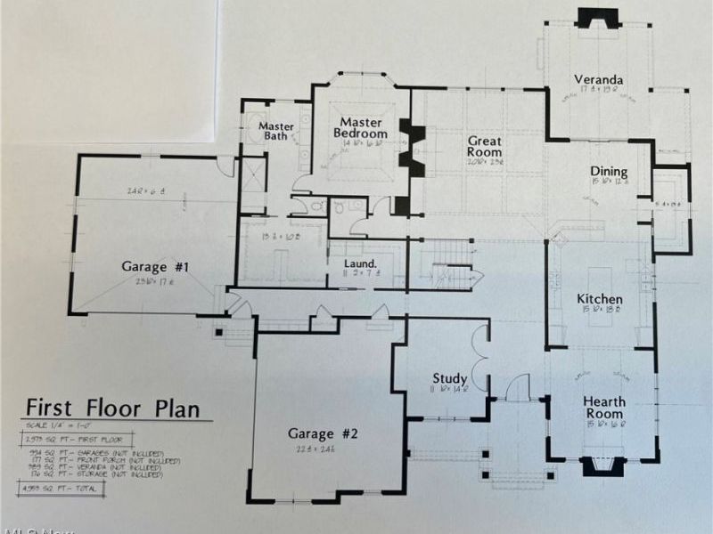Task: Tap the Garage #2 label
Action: pyautogui.click(x=322, y=433)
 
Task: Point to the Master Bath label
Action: pyautogui.click(x=276, y=133)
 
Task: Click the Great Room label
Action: pyautogui.click(x=485, y=146)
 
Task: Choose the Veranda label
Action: pyautogui.click(x=598, y=79)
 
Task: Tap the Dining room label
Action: pyautogui.click(x=610, y=172)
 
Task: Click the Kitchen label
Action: pyautogui.click(x=600, y=299)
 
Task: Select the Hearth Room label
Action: pyautogui.click(x=604, y=408)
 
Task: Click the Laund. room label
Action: pyautogui.click(x=361, y=263)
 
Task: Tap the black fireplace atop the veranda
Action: pyautogui.click(x=591, y=18)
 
